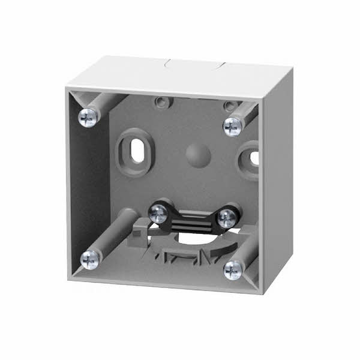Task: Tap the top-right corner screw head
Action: pyautogui.click(x=232, y=125)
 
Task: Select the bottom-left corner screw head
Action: pyautogui.click(x=91, y=259)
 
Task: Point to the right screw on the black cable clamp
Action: pyautogui.click(x=226, y=217)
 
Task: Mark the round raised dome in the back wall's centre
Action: pyautogui.click(x=197, y=154)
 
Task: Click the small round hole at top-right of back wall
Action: pyautogui.click(x=229, y=106)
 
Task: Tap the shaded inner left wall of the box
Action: pyautogui.click(x=93, y=180)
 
